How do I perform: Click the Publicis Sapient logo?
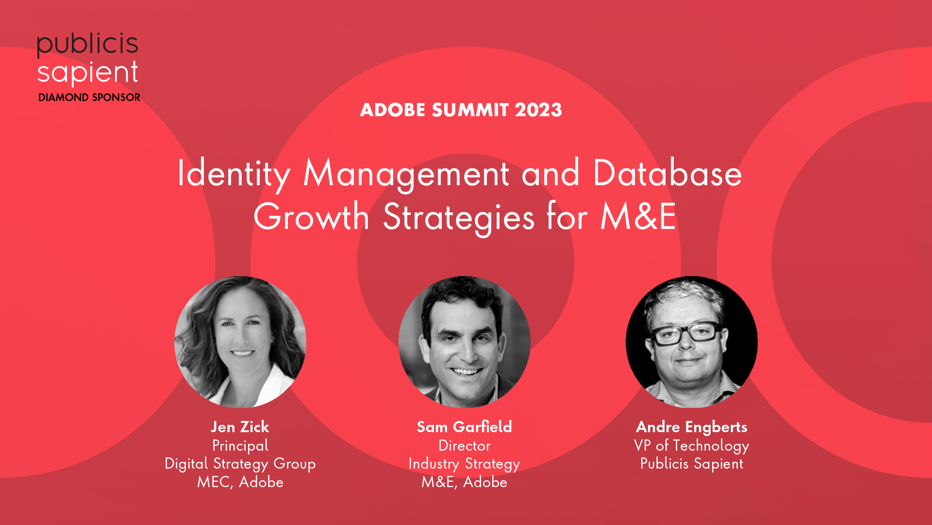88,59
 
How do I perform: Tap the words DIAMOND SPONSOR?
89,97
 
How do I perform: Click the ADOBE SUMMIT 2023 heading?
461,110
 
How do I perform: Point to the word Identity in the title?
234,174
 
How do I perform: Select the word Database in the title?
667,173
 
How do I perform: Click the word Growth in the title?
311,216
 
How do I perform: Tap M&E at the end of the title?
638,216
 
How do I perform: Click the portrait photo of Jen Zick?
240,342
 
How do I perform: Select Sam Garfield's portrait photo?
465,342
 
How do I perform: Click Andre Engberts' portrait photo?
692,342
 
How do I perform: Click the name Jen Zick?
240,427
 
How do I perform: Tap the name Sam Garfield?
465,427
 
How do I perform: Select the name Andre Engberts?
692,427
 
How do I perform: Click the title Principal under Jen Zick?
240,446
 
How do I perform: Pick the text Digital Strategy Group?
240,464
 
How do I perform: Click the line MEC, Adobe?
240,482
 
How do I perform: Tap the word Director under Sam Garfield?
465,445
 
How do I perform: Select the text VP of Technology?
692,446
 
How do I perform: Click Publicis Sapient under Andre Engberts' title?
692,464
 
